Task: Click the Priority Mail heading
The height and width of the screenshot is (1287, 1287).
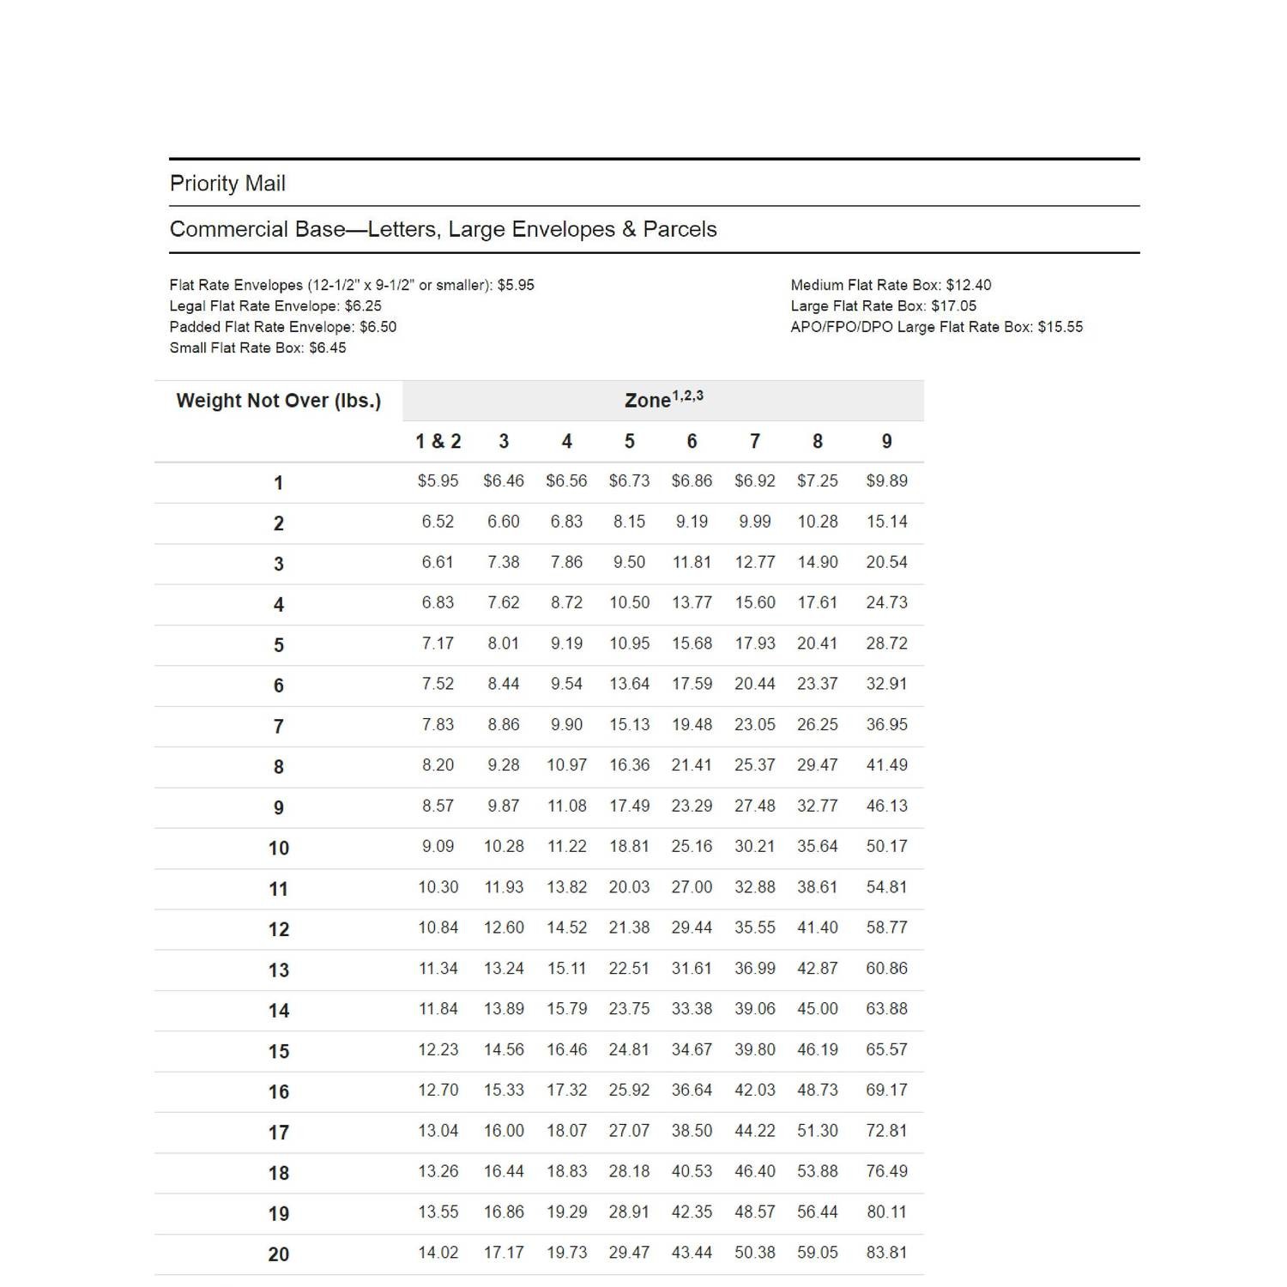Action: (x=227, y=184)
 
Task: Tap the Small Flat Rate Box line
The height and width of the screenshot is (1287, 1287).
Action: (x=257, y=347)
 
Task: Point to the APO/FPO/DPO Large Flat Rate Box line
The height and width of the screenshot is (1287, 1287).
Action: (x=936, y=327)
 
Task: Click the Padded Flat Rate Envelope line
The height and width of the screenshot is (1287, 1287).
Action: (x=282, y=327)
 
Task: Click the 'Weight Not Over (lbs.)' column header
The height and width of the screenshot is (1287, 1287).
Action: (x=278, y=401)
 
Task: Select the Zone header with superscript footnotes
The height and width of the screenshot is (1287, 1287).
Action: (x=663, y=399)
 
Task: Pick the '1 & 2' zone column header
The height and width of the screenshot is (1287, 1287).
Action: (x=438, y=441)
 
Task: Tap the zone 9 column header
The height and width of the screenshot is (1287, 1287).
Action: (x=886, y=441)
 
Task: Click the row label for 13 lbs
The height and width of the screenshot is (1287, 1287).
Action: (x=278, y=970)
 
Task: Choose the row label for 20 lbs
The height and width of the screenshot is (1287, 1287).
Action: (x=278, y=1254)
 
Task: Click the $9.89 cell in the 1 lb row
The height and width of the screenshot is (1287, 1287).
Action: (x=886, y=480)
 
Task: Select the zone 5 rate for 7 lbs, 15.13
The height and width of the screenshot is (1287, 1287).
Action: (x=629, y=724)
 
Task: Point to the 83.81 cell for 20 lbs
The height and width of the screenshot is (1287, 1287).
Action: (x=886, y=1252)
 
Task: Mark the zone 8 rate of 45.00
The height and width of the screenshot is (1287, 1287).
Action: (x=817, y=1008)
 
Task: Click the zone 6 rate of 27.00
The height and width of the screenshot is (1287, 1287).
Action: (x=692, y=886)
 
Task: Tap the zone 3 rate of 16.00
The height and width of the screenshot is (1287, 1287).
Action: (x=503, y=1130)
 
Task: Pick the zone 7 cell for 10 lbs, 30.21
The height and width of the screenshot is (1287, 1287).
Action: (x=754, y=846)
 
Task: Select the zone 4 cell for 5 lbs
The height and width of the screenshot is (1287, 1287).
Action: (x=566, y=643)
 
